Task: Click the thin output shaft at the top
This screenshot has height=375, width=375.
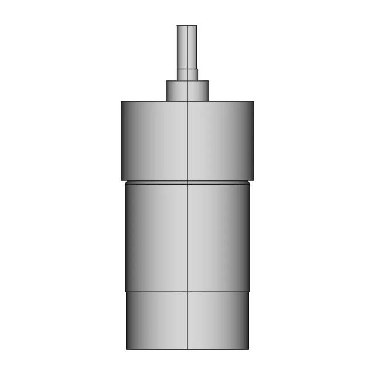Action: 187,47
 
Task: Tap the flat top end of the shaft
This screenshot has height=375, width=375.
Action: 187,26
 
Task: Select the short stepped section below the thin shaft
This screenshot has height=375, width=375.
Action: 187,74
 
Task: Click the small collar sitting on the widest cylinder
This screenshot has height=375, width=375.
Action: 187,91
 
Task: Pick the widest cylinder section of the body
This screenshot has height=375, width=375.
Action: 187,141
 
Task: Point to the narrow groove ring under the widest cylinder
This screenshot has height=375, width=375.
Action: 187,182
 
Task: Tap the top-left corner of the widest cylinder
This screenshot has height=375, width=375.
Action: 121,102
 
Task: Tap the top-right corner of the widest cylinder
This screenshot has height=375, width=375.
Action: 254,102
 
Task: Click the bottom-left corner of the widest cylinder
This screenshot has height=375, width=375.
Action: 121,180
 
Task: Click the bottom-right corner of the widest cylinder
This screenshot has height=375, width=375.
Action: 254,180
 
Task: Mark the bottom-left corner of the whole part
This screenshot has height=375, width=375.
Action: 126,350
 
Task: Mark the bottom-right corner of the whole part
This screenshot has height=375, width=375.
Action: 249,350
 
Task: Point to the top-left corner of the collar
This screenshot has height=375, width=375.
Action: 166,81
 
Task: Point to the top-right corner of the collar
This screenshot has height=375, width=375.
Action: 209,81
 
